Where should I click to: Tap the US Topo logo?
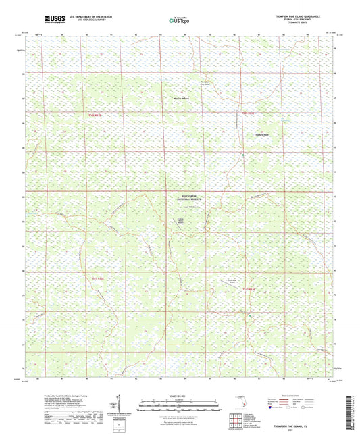pos(178,20)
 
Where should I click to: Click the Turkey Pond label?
pos(262,134)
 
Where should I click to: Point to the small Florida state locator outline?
pos(238,405)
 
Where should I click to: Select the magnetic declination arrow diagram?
pos(118,404)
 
